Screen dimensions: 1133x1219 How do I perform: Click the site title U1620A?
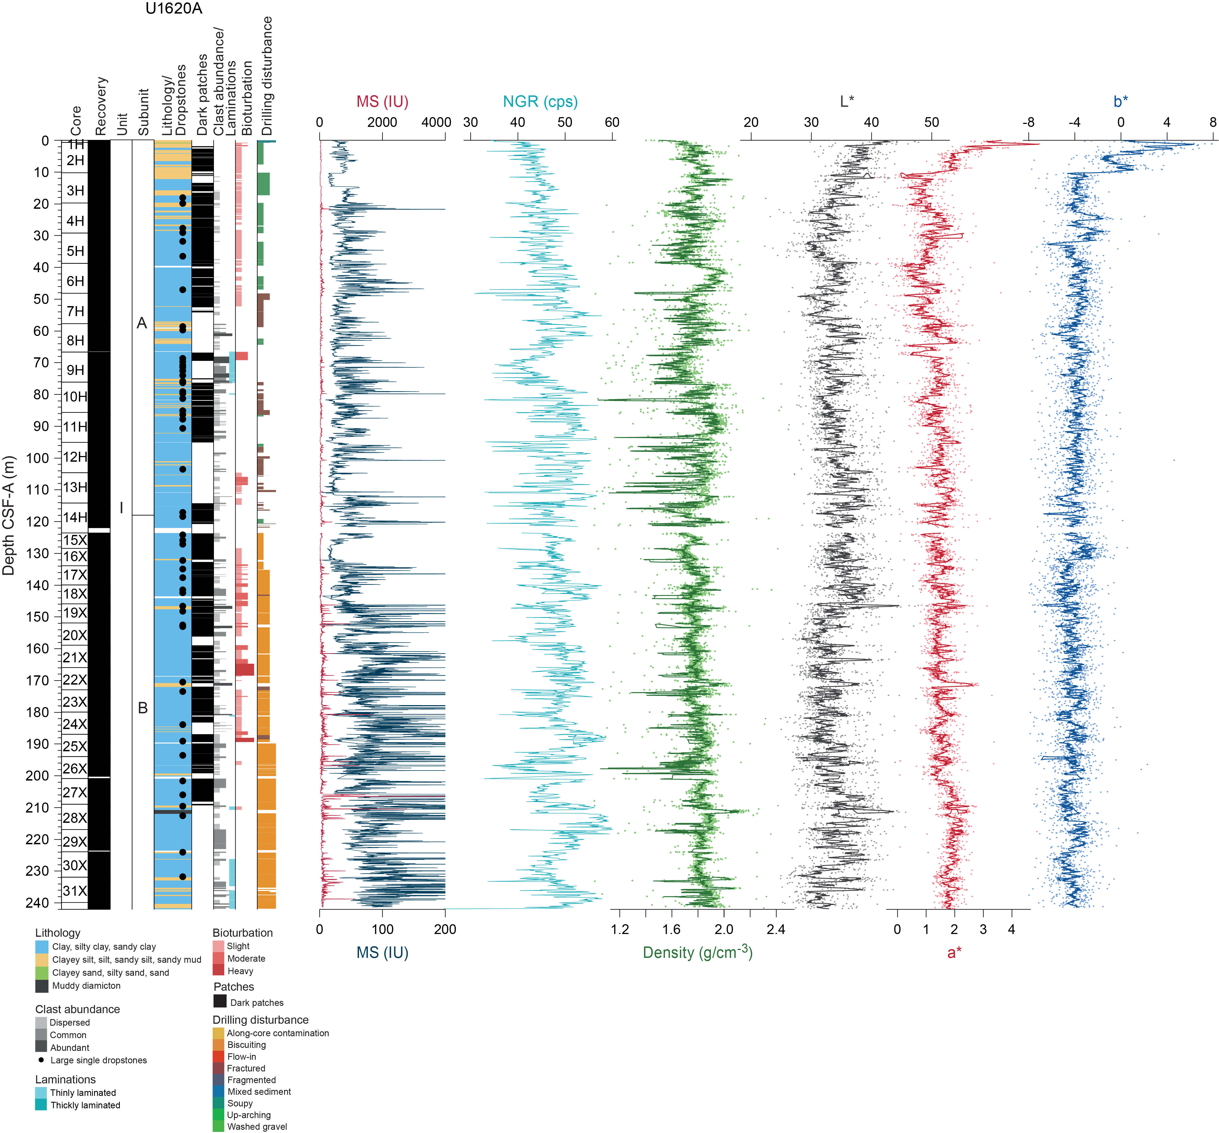tap(174, 9)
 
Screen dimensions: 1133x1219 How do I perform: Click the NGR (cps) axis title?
tap(540, 102)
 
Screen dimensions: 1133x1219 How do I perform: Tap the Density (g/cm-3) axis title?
tap(697, 952)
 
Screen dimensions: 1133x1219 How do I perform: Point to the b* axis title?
tap(1120, 102)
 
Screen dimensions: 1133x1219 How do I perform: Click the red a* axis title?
tap(954, 952)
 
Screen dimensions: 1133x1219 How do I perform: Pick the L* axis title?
tap(847, 102)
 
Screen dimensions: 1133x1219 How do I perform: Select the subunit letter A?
tap(142, 323)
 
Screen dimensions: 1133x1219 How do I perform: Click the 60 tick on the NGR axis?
tap(612, 122)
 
